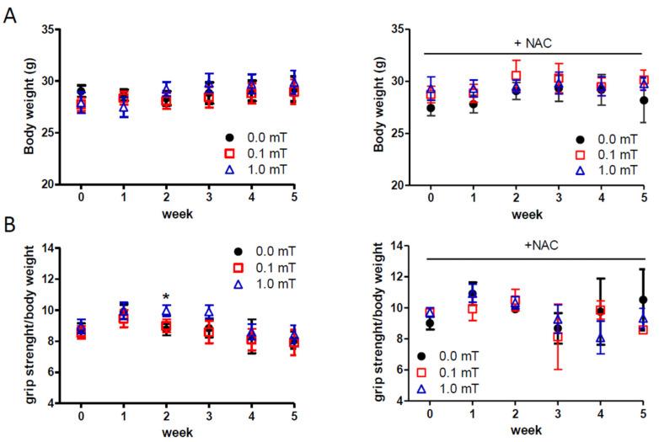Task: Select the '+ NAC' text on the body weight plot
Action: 536,45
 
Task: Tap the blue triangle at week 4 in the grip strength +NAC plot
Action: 600,339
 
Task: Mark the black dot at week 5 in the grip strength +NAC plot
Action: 643,300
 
